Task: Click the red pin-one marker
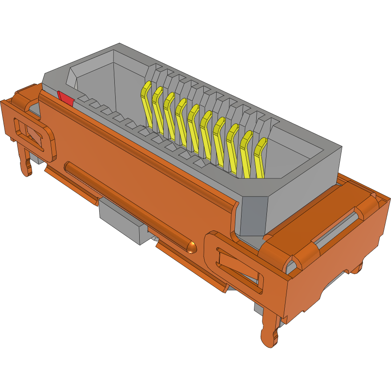tap(65, 98)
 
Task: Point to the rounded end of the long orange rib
tap(192, 246)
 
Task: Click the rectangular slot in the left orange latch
tap(32, 133)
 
